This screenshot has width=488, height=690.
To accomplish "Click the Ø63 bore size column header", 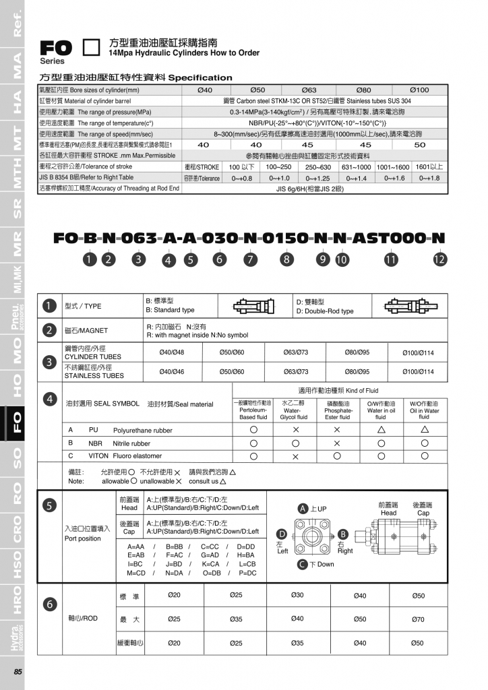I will pyautogui.click(x=309, y=90).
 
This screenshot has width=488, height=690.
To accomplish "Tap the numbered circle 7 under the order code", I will pyautogui.click(x=250, y=259).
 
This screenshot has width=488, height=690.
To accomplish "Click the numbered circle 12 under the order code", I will pyautogui.click(x=439, y=259).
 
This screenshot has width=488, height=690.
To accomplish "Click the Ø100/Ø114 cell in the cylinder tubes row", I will pyautogui.click(x=418, y=352).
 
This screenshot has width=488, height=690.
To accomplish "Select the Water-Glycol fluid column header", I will pyautogui.click(x=294, y=409).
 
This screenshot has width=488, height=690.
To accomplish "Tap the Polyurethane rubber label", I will pyautogui.click(x=142, y=430).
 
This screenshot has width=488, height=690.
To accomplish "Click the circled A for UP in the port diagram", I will pyautogui.click(x=303, y=509).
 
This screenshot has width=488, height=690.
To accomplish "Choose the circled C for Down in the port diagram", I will pyautogui.click(x=303, y=564).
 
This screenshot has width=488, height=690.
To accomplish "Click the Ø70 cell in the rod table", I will pyautogui.click(x=418, y=619).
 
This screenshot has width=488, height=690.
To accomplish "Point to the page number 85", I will pyautogui.click(x=18, y=671).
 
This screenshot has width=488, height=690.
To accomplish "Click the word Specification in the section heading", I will pyautogui.click(x=200, y=77).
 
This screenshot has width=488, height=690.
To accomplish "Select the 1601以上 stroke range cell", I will pyautogui.click(x=429, y=166).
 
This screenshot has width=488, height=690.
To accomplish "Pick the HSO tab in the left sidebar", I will pyautogui.click(x=13, y=565).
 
